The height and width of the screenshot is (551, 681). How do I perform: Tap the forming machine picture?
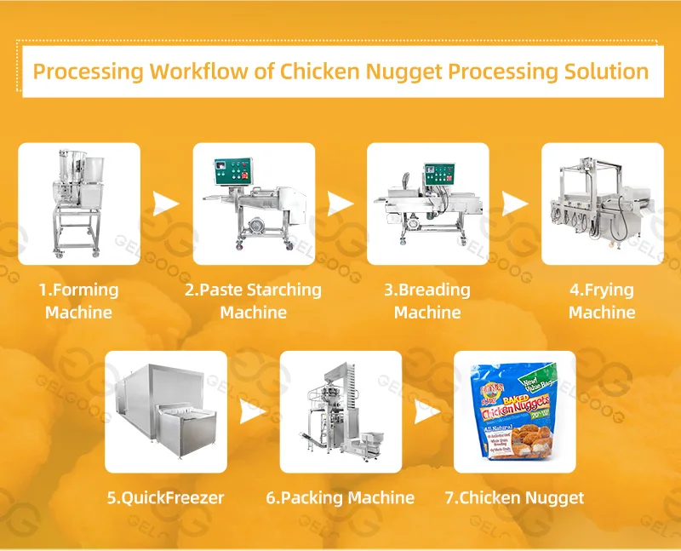pyautogui.click(x=79, y=204)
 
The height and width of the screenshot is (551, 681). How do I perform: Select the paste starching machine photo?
pyautogui.click(x=254, y=204)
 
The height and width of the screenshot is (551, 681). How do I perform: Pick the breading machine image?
pyautogui.click(x=428, y=204)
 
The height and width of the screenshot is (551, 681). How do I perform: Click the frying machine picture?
pyautogui.click(x=602, y=204)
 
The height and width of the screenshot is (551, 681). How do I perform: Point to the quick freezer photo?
pyautogui.click(x=166, y=411)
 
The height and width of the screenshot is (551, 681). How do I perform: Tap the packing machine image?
pyautogui.click(x=340, y=411)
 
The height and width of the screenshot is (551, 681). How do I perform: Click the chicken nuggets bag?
pyautogui.click(x=515, y=411)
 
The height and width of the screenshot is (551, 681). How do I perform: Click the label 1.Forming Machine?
pyautogui.click(x=79, y=301)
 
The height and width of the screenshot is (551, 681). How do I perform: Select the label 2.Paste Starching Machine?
pyautogui.click(x=254, y=301)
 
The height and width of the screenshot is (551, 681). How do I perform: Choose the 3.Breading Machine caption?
pyautogui.click(x=428, y=301)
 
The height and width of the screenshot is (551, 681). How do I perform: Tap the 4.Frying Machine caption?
pyautogui.click(x=602, y=301)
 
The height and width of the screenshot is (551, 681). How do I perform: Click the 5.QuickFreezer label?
pyautogui.click(x=167, y=497)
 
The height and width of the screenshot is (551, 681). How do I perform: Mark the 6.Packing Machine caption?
pyautogui.click(x=340, y=497)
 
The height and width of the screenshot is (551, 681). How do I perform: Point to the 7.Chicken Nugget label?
pyautogui.click(x=515, y=497)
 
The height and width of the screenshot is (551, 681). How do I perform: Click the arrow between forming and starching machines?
pyautogui.click(x=166, y=204)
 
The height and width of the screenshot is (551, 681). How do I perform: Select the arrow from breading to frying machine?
pyautogui.click(x=514, y=204)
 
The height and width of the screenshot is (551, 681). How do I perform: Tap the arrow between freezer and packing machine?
pyautogui.click(x=253, y=413)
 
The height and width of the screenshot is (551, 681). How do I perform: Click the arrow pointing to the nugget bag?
pyautogui.click(x=427, y=413)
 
